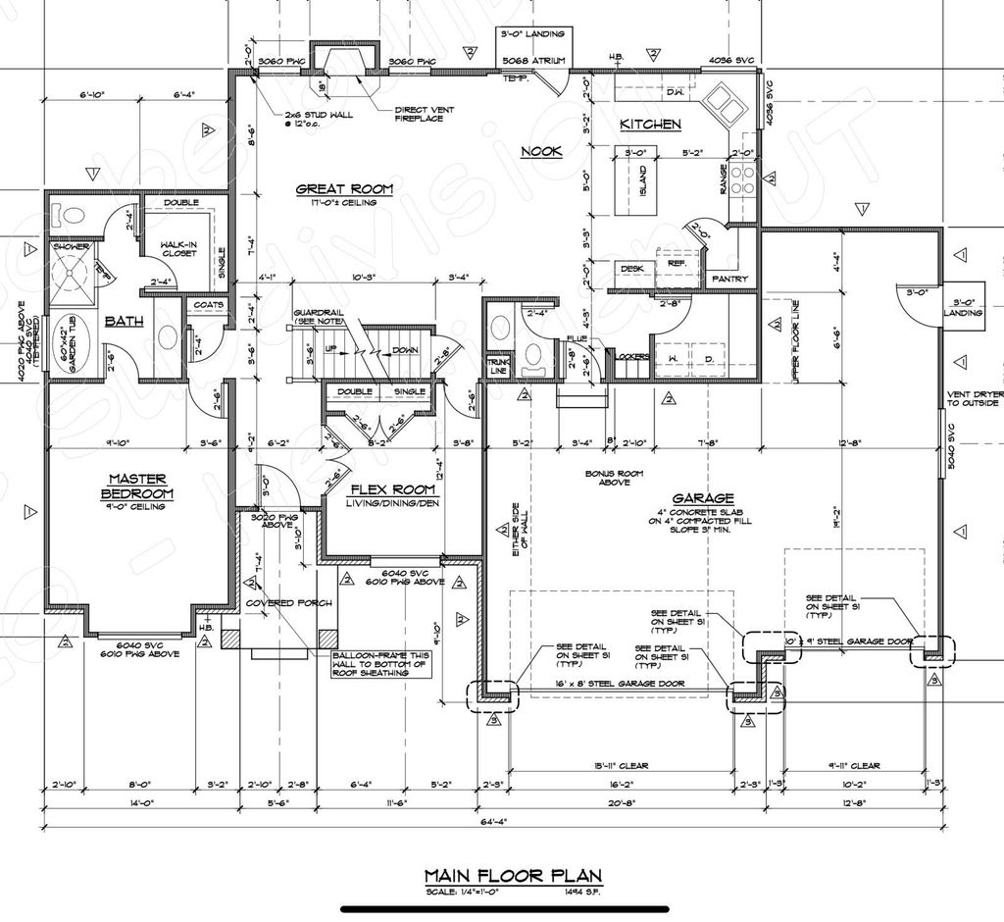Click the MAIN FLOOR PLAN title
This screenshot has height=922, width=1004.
pos(512,875)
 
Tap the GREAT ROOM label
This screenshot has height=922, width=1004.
pos(344,188)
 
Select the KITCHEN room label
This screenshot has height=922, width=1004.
pos(650,125)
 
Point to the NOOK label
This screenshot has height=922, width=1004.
pos(540,151)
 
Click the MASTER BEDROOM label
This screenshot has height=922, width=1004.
pos(136,487)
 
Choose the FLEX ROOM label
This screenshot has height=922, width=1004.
pos(386,489)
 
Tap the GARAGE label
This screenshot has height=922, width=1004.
pos(703,498)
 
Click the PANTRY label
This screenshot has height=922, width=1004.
pos(729,280)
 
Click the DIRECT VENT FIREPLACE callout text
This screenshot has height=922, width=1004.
pos(419,115)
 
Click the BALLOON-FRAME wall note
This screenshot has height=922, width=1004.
pos(379,664)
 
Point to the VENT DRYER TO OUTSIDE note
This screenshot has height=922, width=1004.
pos(973,397)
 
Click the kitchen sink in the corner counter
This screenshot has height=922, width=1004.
pos(728,99)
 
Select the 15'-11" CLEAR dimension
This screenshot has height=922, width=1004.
pos(621,766)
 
